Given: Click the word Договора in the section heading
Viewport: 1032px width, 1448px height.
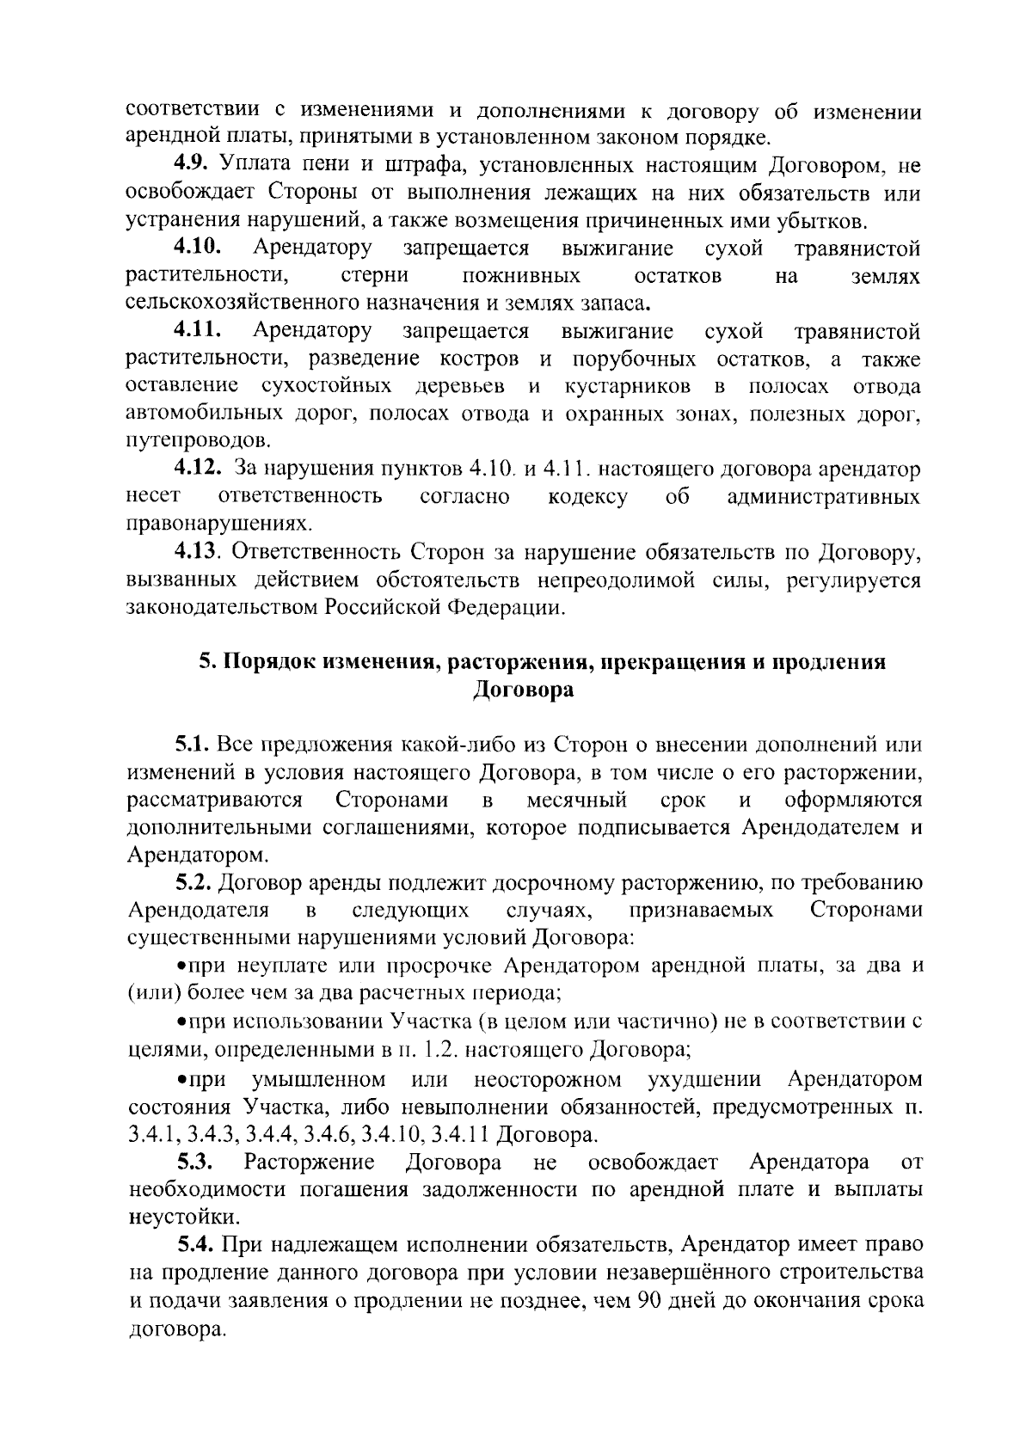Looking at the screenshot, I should point(525,690).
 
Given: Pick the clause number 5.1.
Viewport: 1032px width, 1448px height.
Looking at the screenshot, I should point(194,744).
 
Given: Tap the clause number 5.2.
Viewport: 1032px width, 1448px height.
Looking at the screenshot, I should point(195,882).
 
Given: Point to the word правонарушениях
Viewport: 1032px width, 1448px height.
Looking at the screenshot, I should point(219,524).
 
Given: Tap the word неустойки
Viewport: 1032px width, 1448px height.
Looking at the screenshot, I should point(172,1218).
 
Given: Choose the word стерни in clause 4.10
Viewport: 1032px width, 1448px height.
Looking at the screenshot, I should point(374,276).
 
